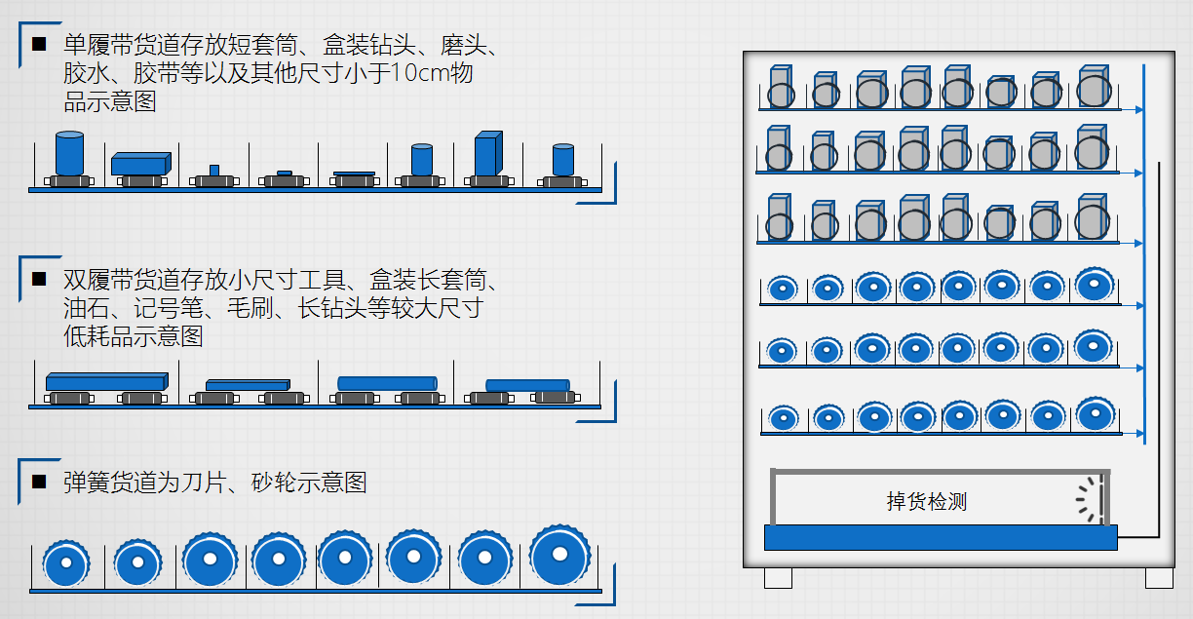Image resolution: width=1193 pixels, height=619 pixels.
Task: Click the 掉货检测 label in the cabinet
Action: coord(926,502)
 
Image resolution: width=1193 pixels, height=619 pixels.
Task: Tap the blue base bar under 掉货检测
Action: coord(941,537)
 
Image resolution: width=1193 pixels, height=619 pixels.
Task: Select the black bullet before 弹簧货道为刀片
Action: coord(39,482)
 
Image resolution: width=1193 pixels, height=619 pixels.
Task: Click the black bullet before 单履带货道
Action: coord(39,44)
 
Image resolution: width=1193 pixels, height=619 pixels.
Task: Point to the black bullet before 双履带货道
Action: coord(39,279)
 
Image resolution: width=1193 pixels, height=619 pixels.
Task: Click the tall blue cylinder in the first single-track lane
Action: coord(69,153)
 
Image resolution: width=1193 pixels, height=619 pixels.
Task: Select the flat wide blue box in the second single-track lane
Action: coord(140,164)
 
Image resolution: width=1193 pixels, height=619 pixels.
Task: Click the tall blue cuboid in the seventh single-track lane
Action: coord(487,154)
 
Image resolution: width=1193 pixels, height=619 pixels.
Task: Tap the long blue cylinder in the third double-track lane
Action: coord(387,383)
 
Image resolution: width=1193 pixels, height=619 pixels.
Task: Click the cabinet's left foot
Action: coord(778,578)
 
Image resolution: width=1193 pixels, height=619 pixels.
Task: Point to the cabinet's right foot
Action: coord(1159,578)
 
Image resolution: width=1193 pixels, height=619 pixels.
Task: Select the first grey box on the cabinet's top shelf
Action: coord(780,86)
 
